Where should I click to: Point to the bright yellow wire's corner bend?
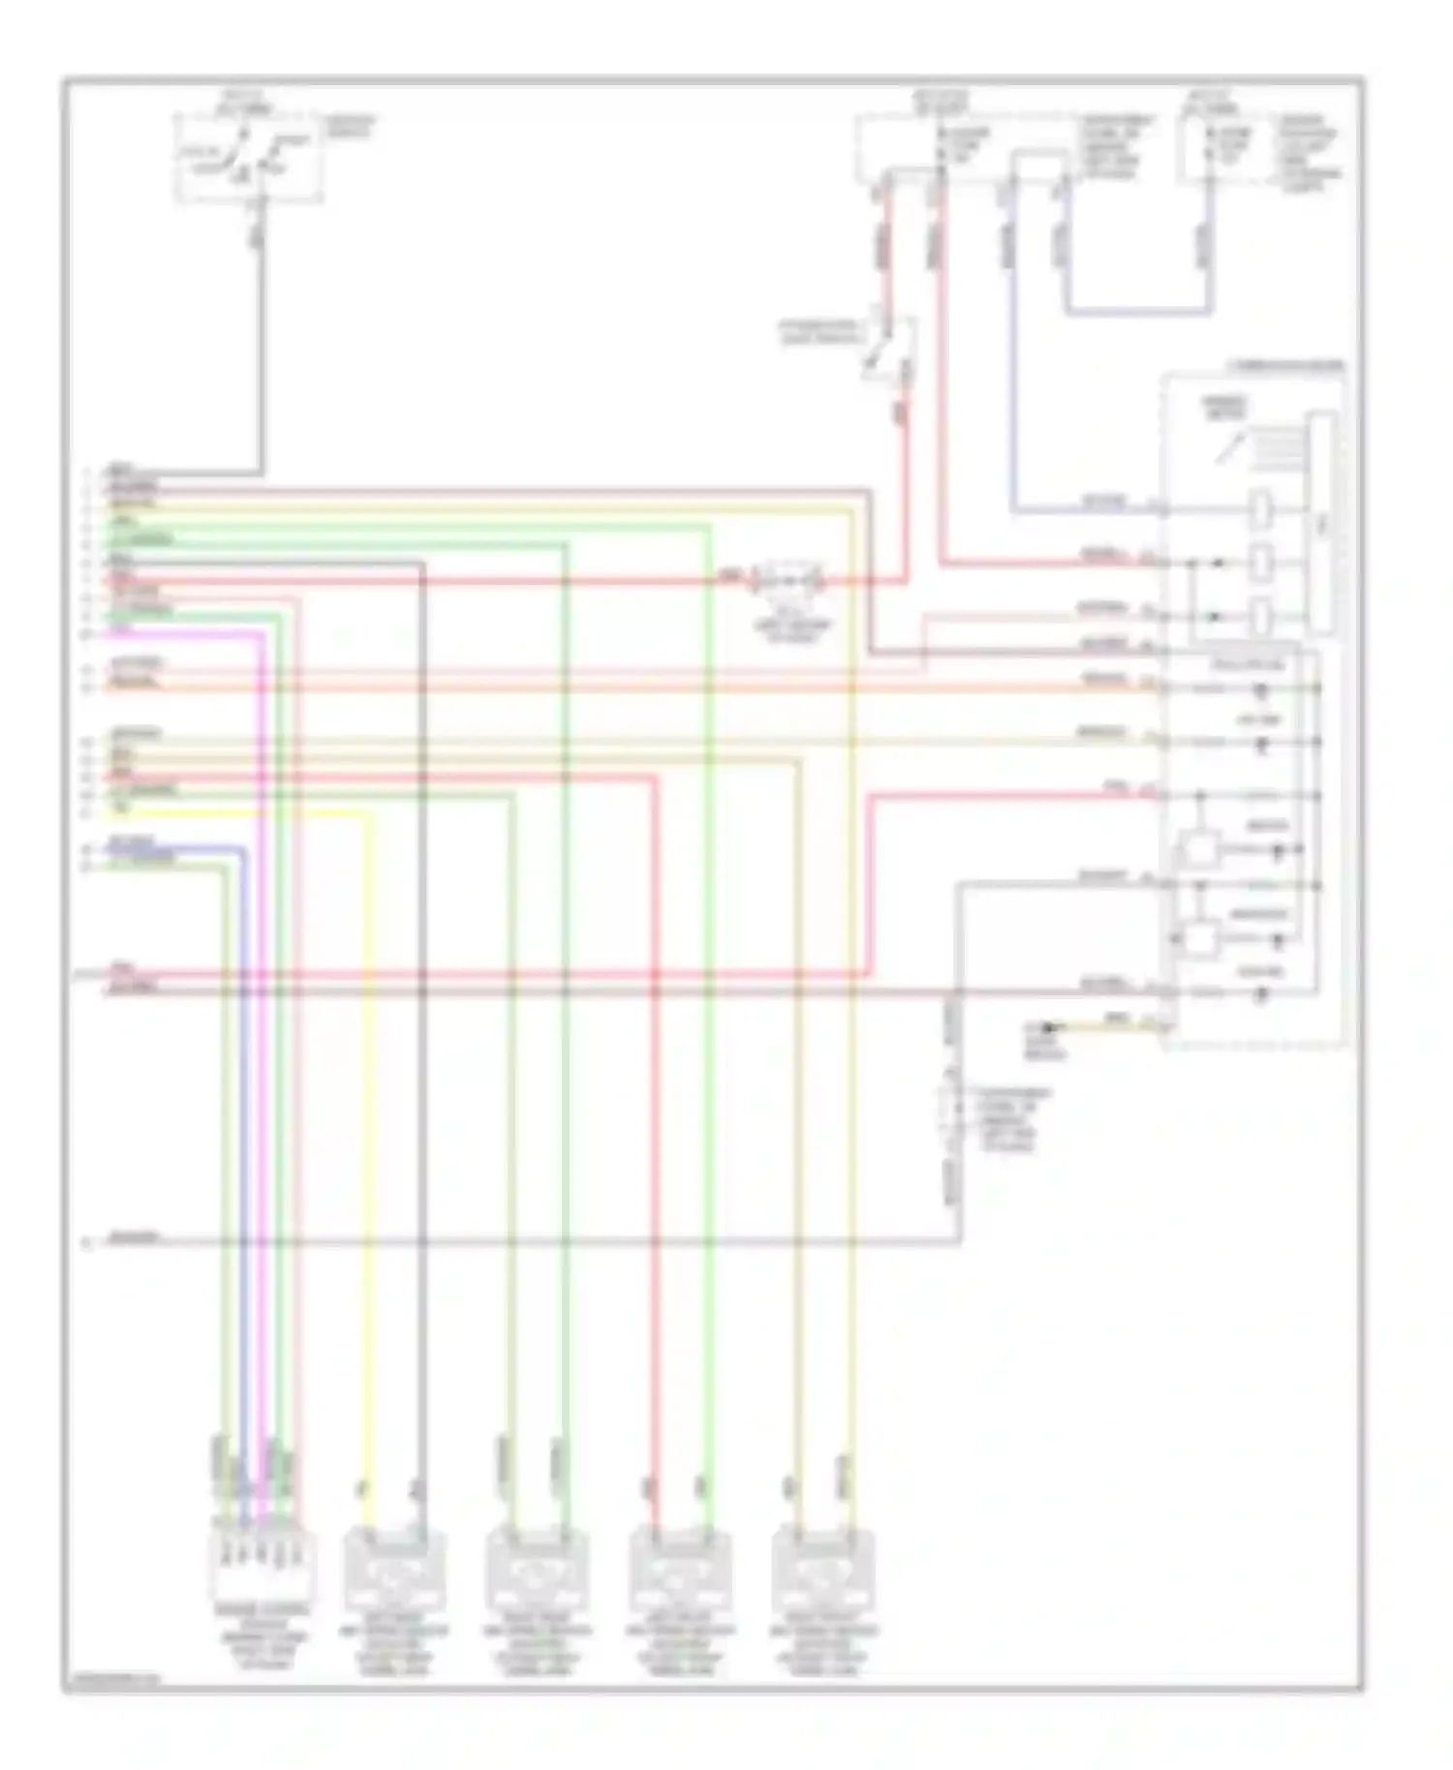[367, 815]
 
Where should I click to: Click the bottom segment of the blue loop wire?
[1138, 312]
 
